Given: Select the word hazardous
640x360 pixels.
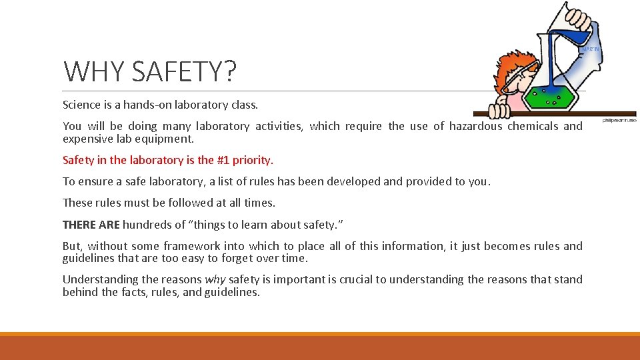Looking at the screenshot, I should click(476, 126).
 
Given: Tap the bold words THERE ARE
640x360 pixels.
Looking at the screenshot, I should click(91, 224).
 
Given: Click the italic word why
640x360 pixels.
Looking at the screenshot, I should click(215, 279).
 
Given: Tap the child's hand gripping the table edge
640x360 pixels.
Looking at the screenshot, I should click(499, 109).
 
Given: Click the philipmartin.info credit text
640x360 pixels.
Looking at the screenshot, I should click(620, 121).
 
